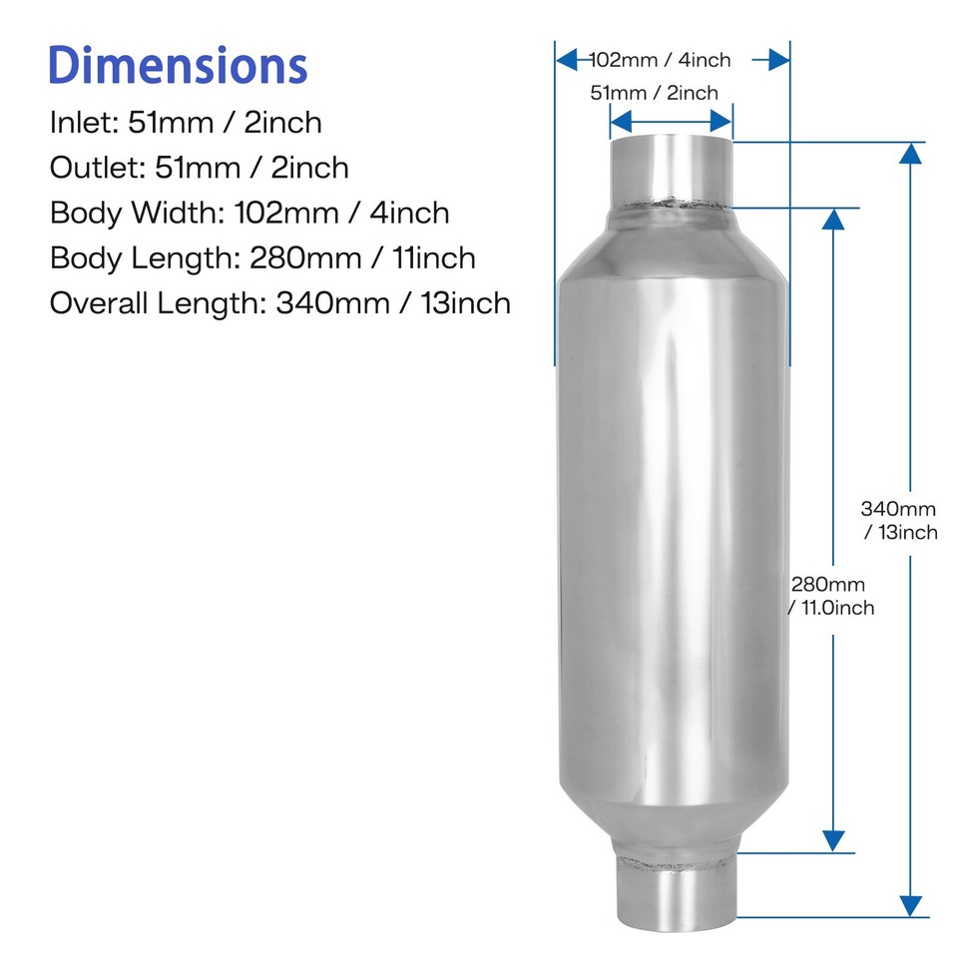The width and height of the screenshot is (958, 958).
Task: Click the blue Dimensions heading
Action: (x=178, y=65)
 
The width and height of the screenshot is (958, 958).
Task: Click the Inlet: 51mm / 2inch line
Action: (x=186, y=123)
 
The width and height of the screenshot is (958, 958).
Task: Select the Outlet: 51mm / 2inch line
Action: (x=200, y=168)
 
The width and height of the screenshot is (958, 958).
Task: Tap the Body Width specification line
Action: (x=249, y=213)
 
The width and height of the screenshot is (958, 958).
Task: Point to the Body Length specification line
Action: (x=262, y=258)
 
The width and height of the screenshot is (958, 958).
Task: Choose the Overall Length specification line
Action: (x=280, y=303)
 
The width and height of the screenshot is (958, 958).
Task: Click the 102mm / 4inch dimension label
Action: (x=661, y=60)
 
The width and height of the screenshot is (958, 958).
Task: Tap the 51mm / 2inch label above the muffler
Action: (x=655, y=94)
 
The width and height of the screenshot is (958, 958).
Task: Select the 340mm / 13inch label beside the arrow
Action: (x=900, y=520)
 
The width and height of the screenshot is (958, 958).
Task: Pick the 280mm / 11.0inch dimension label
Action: (x=830, y=596)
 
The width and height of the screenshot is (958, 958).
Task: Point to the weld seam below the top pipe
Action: (x=671, y=208)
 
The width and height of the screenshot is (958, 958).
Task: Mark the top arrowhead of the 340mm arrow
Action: (x=910, y=153)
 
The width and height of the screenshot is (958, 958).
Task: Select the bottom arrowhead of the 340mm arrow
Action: (x=910, y=906)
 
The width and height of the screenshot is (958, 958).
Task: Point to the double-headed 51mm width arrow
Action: (x=671, y=122)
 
